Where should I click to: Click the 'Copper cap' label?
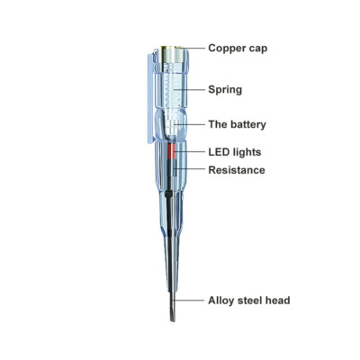[238, 49]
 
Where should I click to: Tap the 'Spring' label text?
[225, 90]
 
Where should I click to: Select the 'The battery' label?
[238, 124]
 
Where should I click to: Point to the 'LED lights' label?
[235, 152]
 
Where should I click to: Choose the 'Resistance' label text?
[237, 170]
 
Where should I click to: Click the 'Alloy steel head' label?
[249, 301]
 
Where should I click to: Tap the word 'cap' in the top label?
[257, 49]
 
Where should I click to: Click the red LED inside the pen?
[171, 151]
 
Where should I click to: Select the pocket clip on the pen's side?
[151, 98]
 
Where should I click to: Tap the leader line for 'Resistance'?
[190, 168]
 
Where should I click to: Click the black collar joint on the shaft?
[168, 194]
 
